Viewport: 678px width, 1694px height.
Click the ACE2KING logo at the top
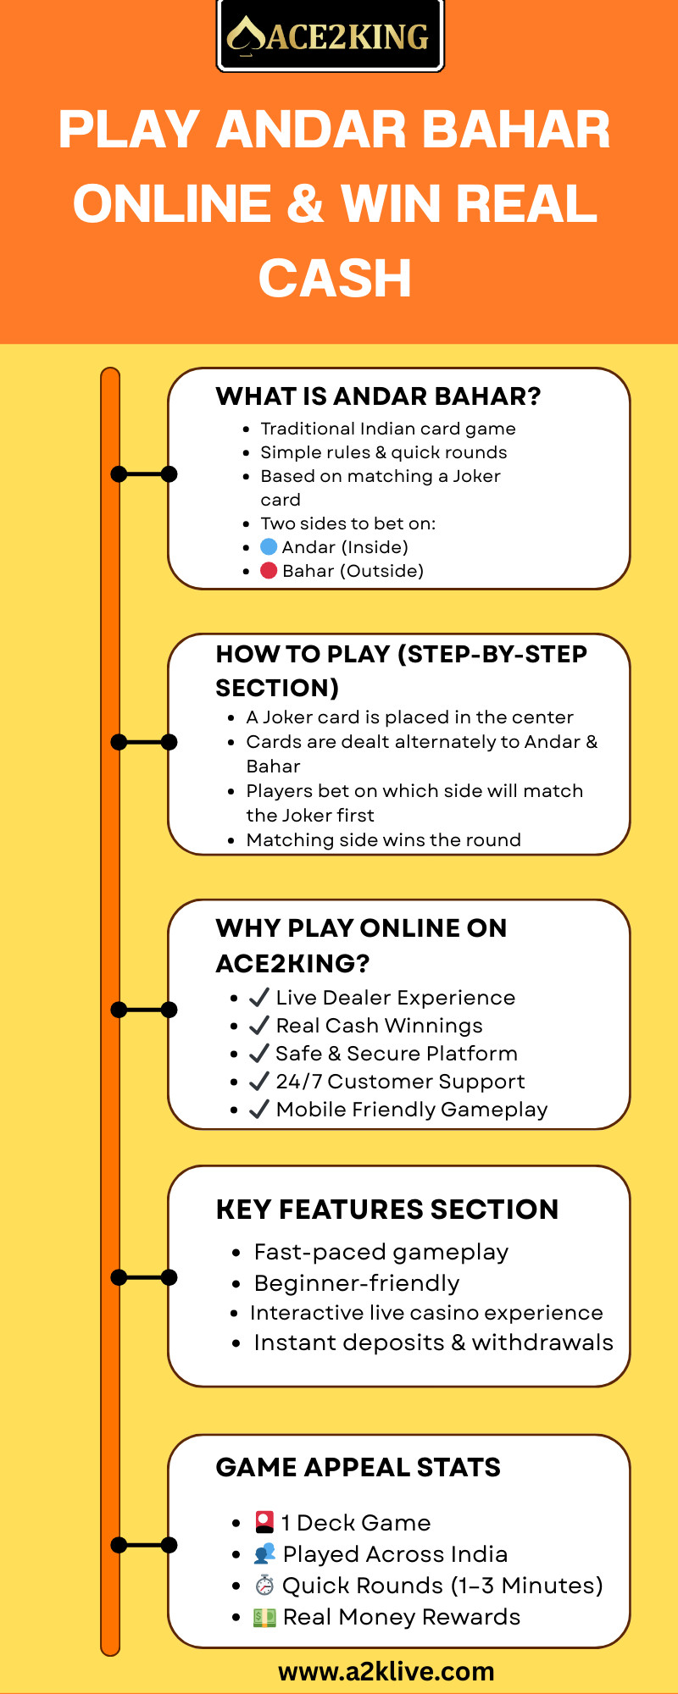point(331,36)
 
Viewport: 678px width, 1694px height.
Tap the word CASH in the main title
point(335,279)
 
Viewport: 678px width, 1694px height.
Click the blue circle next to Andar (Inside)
point(269,546)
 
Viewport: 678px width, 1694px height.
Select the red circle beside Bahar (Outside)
point(269,570)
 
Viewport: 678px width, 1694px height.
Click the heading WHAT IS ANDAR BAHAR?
point(378,396)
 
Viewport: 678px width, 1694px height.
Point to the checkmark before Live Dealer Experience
point(259,997)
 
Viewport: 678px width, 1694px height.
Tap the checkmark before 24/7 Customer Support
point(259,1081)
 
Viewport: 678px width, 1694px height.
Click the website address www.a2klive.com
point(386,1671)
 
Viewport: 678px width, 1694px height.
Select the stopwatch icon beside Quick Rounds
point(265,1585)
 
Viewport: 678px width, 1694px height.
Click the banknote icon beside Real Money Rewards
point(265,1617)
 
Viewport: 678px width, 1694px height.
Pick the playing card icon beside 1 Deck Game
point(265,1522)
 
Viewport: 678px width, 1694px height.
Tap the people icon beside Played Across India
point(265,1553)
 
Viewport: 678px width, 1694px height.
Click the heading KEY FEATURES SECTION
point(387,1210)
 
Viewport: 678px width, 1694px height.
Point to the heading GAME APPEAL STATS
point(358,1467)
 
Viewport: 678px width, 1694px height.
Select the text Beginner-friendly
point(357,1283)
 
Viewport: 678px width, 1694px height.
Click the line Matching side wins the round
point(383,839)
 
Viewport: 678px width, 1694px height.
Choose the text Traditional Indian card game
point(388,429)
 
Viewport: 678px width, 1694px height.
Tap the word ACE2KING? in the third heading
point(293,963)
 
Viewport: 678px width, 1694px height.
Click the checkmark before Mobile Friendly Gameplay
point(259,1109)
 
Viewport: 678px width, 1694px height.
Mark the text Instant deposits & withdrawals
point(433,1342)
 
